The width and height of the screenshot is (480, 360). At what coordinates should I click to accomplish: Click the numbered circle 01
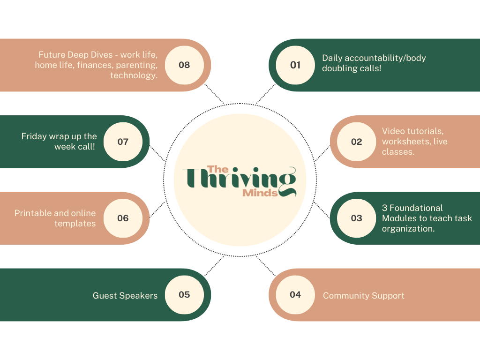pos(295,65)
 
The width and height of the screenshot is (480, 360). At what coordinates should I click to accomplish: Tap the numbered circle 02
pos(357,142)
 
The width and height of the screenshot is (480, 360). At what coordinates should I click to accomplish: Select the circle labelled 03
pos(357,218)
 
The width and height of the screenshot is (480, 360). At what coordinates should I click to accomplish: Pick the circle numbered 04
pos(295,294)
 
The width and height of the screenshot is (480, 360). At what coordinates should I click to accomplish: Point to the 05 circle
pos(184,294)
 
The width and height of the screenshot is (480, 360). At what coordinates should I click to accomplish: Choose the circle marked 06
pos(123,218)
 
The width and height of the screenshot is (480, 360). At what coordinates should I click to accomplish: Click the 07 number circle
pos(123,142)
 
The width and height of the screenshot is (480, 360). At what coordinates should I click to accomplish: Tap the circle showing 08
pos(184,65)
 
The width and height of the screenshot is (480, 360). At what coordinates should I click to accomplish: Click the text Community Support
pos(363,296)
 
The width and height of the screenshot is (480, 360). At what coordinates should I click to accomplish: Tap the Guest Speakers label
pos(125,295)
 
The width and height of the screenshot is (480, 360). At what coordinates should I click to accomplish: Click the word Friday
pos(34,136)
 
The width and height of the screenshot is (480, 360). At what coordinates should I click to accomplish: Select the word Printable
pos(34,213)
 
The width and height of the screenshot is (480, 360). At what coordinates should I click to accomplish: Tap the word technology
pos(134,75)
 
